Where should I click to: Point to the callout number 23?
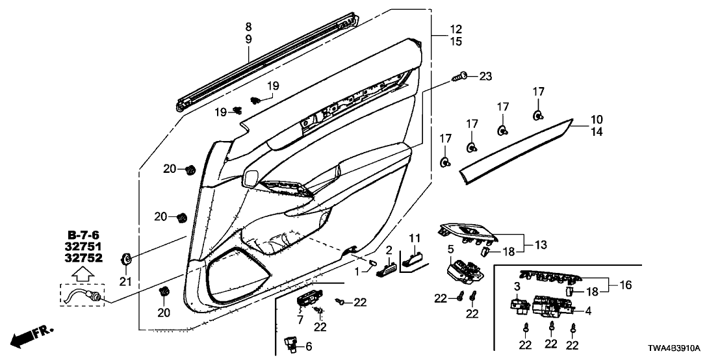[486, 76]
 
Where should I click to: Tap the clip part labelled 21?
[126, 260]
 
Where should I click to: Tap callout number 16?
[626, 285]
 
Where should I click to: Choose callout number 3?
[518, 287]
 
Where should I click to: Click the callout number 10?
[597, 120]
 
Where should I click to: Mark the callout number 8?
[248, 27]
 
